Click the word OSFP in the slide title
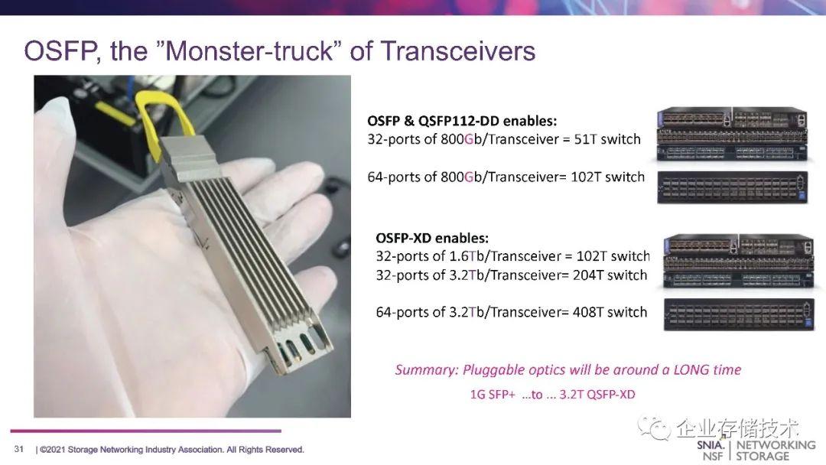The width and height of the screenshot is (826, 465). [59, 51]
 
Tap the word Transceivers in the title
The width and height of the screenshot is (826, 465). [457, 51]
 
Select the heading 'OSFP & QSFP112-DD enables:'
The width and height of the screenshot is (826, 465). [462, 121]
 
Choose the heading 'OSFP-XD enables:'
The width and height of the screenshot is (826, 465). [431, 238]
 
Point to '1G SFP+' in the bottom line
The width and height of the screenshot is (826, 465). [493, 395]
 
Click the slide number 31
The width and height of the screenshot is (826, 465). [18, 449]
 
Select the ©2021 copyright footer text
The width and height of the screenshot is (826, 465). [171, 449]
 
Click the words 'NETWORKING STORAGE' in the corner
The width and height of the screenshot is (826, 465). [775, 450]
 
